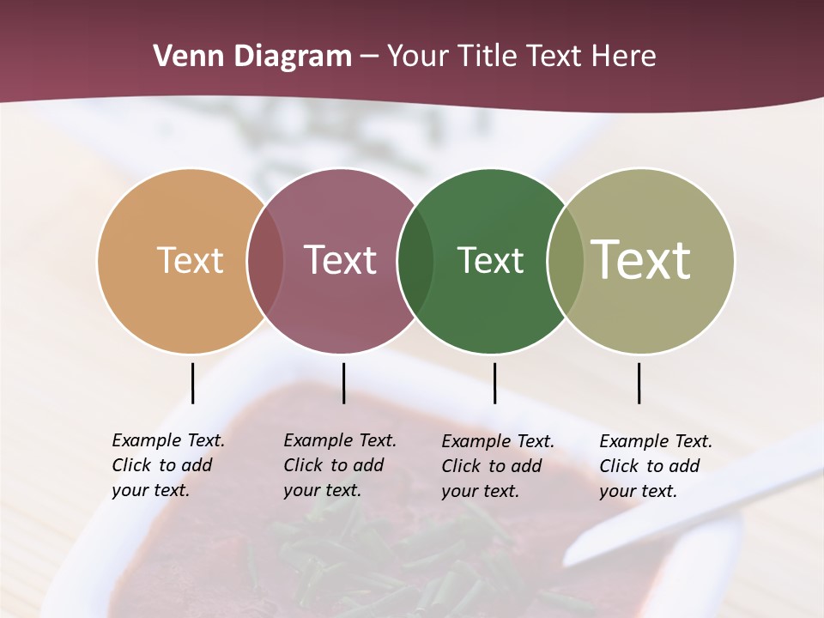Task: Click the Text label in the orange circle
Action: click(x=190, y=260)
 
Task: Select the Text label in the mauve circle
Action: click(x=340, y=260)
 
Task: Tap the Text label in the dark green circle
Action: click(x=490, y=260)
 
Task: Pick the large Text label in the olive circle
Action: click(x=641, y=260)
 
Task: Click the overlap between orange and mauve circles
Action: click(x=265, y=261)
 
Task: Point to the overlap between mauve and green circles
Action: click(x=415, y=261)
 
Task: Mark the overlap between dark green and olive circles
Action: click(x=566, y=261)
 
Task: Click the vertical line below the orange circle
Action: click(x=192, y=383)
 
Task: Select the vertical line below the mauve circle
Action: click(x=343, y=383)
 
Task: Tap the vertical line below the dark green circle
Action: click(x=494, y=383)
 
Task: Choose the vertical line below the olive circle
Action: click(x=639, y=383)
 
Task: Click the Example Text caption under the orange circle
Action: click(x=168, y=465)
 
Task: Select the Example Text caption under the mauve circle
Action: click(x=340, y=465)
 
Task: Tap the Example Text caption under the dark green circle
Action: click(x=498, y=466)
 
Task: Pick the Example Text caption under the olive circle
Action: click(x=656, y=466)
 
